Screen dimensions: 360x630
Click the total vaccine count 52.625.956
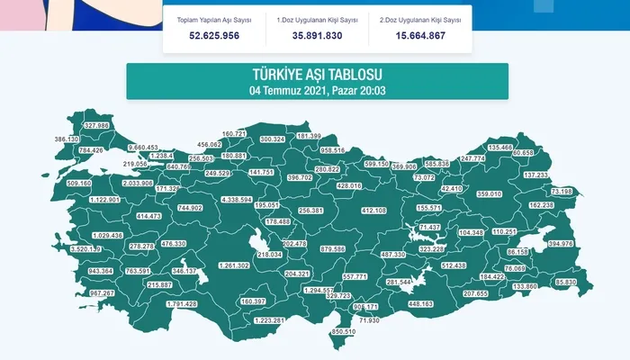213,35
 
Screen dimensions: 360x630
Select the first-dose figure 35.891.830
317,35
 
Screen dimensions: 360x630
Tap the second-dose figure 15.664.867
420,35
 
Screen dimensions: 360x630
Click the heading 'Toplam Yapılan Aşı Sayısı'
213,18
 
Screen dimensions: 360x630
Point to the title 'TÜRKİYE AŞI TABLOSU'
316,75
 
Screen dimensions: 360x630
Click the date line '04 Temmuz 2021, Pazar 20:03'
316,90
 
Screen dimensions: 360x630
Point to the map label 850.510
344,332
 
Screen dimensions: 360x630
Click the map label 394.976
561,243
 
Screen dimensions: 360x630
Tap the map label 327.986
96,125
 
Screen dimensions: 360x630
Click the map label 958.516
332,150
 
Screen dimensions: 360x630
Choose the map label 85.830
566,283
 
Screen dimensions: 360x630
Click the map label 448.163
420,303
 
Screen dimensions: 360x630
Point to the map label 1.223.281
270,320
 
